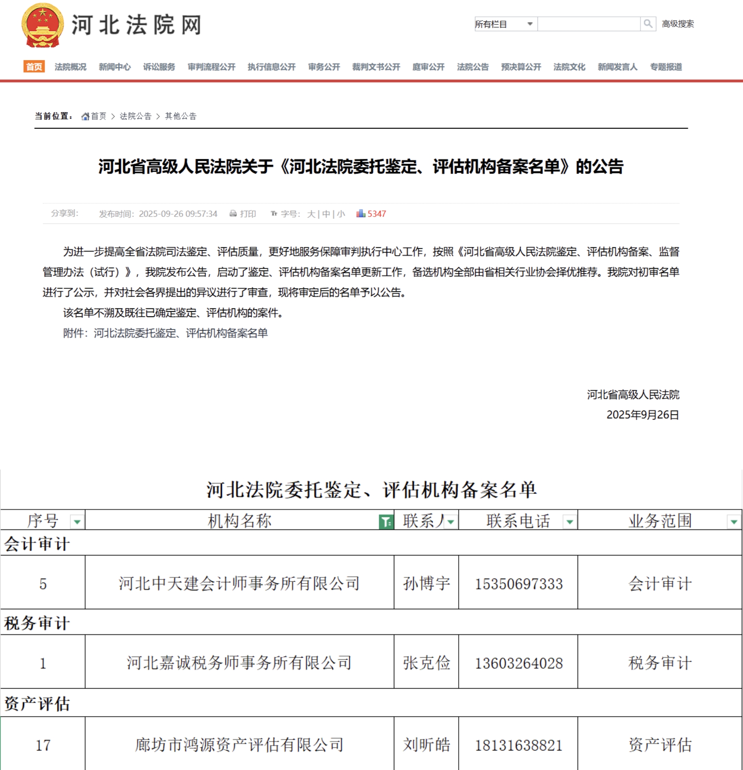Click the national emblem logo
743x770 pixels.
point(42,25)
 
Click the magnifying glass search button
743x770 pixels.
point(648,24)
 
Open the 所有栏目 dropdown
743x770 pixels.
point(506,24)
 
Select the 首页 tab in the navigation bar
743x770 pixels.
point(34,67)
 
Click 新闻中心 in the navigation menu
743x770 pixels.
point(115,67)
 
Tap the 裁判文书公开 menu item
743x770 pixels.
point(376,67)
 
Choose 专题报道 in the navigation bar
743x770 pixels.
point(666,67)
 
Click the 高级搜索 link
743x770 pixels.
point(678,24)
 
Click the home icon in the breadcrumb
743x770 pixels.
point(85,116)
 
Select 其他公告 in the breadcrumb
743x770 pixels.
point(181,116)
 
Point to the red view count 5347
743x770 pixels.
point(376,214)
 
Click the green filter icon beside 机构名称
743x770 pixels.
point(386,522)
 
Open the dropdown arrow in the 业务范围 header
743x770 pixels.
point(734,522)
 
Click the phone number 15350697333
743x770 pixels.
point(518,584)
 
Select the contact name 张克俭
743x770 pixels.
point(426,663)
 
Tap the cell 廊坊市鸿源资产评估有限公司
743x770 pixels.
point(239,745)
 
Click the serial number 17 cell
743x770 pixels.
point(43,745)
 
